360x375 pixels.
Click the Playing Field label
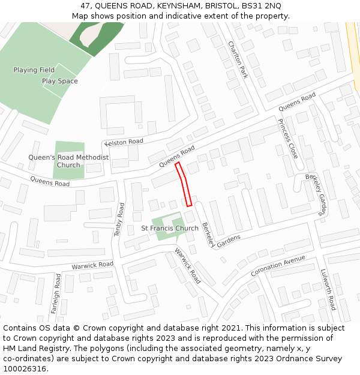[x=34, y=70]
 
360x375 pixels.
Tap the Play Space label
[x=59, y=81]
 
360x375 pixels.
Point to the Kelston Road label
[x=124, y=142]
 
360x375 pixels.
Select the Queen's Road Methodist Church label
[x=68, y=161]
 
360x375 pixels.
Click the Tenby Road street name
[x=119, y=219]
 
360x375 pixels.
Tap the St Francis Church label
[x=170, y=229]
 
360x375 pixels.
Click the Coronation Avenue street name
[x=278, y=266]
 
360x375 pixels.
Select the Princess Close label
[x=287, y=138]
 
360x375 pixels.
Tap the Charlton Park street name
[x=238, y=59]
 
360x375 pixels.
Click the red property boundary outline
[x=185, y=184]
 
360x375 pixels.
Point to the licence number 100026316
[x=26, y=368]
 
